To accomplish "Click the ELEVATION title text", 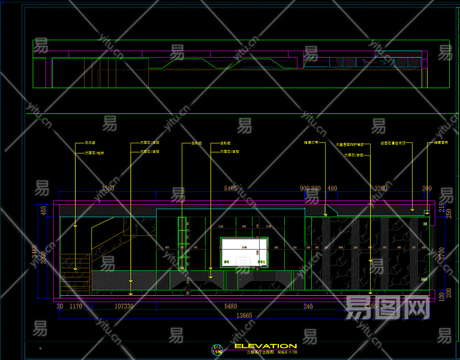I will pos(265,346).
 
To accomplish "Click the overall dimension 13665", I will pos(243,315).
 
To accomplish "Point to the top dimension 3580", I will pos(108,188).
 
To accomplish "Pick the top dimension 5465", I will pos(230,188).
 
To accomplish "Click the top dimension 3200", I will pos(381,188).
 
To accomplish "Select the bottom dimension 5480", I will pos(230,306).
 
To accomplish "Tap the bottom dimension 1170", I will pos(76,306).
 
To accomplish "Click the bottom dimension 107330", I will pos(124,306).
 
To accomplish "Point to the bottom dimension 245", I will pos(308,306).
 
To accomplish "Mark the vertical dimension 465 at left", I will pos(44,211).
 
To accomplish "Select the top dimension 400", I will pos(332,188).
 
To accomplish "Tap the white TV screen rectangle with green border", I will pos(244,251).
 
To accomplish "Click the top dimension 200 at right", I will pos(426,188).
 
